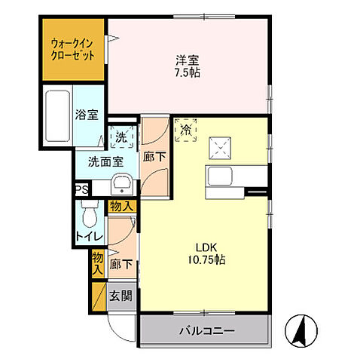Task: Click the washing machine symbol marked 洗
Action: pyautogui.click(x=121, y=137)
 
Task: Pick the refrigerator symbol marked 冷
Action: pyautogui.click(x=185, y=130)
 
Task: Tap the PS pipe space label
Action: pyautogui.click(x=81, y=189)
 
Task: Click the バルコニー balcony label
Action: pyautogui.click(x=206, y=330)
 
